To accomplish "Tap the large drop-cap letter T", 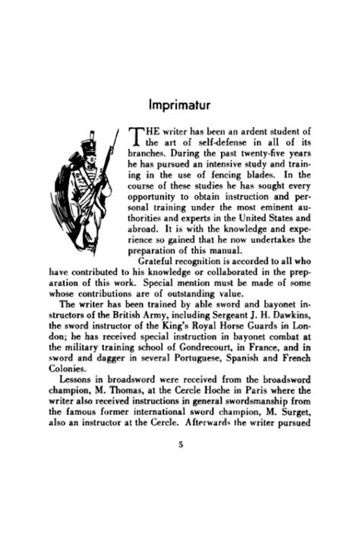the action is tap(137, 135).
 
